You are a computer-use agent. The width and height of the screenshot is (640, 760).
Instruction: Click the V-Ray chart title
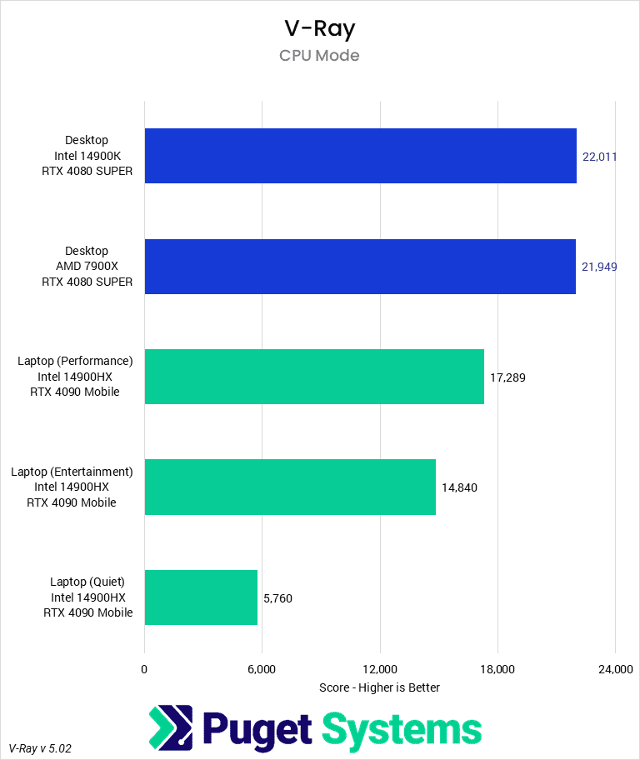coord(319,28)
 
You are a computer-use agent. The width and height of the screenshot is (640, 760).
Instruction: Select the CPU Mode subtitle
coord(319,56)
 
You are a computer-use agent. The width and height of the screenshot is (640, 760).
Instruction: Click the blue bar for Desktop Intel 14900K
coord(360,156)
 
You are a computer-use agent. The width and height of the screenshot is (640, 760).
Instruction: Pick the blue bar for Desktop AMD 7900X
coord(360,267)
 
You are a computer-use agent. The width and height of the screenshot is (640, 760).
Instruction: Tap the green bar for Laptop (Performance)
coord(314,377)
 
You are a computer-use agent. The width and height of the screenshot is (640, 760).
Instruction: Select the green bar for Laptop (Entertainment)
coord(290,487)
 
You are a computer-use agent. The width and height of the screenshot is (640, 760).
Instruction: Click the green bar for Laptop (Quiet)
coord(201,597)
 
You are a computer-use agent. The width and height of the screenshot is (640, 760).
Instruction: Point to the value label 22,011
coord(599,156)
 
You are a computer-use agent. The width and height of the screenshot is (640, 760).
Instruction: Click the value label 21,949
coord(599,267)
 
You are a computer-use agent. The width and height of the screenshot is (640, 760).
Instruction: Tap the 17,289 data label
coord(507,377)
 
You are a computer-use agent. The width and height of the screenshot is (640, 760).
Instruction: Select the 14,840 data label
coord(459,487)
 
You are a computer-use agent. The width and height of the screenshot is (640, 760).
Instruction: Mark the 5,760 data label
coord(277,598)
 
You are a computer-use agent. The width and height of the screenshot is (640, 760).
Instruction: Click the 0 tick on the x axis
coord(144,669)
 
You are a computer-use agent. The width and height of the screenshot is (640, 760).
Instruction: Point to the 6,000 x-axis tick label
coord(262,669)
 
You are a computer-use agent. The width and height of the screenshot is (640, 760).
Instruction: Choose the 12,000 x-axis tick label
coord(379,669)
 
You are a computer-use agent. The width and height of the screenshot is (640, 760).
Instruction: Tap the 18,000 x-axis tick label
coord(497,669)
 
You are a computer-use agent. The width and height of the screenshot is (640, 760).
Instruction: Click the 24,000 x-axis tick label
coord(615,669)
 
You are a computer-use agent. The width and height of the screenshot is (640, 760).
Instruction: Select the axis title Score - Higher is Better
coord(379,687)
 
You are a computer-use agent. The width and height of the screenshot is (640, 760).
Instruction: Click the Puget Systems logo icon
coord(171,727)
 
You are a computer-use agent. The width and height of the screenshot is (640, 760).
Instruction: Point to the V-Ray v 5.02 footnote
coord(40,748)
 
